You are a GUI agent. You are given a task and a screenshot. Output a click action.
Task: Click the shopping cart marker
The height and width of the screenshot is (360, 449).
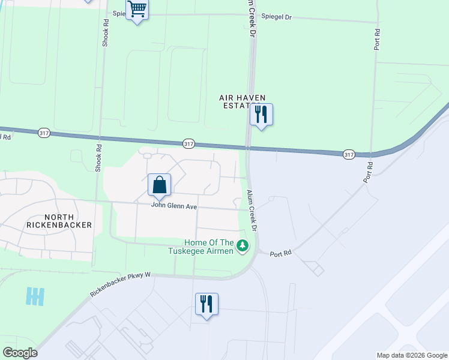pyautogui.click(x=137, y=10)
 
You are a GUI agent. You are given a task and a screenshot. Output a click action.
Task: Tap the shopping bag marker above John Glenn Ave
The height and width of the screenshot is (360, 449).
pyautogui.click(x=160, y=185)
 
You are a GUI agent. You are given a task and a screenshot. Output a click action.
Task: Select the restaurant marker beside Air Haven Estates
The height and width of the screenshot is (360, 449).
pyautogui.click(x=261, y=115)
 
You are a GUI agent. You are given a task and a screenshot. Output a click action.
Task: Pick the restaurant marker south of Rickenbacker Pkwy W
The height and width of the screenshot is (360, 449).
pyautogui.click(x=206, y=304)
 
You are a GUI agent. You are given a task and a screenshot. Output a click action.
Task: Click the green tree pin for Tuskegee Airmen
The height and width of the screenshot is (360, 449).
pyautogui.click(x=243, y=245)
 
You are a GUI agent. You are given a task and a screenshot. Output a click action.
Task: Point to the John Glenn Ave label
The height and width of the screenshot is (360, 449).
pyautogui.click(x=174, y=205)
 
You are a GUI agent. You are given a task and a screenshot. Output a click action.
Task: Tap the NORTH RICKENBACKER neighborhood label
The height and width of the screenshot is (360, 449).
pyautogui.click(x=59, y=221)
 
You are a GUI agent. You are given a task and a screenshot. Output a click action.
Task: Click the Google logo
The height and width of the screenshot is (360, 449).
pyautogui.click(x=20, y=353)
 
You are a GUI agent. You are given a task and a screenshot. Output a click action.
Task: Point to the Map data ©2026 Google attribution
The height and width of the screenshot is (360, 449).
pyautogui.click(x=412, y=355)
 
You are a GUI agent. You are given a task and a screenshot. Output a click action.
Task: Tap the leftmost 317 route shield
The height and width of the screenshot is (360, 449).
pyautogui.click(x=43, y=133)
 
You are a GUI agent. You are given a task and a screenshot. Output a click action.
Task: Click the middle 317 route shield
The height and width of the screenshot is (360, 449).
pyautogui.click(x=188, y=143)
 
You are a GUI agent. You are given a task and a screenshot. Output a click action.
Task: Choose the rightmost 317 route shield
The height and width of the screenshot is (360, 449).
pyautogui.click(x=349, y=154)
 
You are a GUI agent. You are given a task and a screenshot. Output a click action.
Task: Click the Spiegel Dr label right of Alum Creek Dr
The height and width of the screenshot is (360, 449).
pyautogui.click(x=277, y=18)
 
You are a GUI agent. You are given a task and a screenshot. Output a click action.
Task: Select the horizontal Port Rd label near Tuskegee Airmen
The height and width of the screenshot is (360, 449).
pyautogui.click(x=280, y=253)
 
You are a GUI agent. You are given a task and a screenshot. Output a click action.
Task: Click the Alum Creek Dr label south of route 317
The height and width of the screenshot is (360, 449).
pyautogui.click(x=253, y=211)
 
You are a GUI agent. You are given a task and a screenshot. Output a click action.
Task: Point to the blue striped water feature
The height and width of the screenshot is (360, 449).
pyautogui.click(x=35, y=296)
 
